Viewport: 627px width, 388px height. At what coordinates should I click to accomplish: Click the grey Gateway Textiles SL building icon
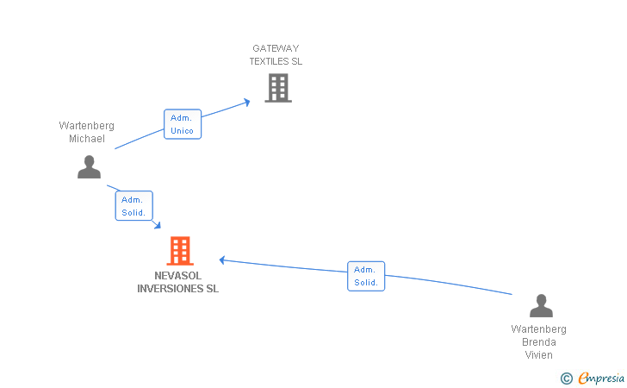pyautogui.click(x=277, y=88)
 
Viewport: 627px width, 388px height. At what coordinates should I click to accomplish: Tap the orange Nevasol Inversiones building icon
pyautogui.click(x=179, y=251)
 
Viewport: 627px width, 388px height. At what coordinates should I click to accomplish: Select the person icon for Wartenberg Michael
pyautogui.click(x=89, y=166)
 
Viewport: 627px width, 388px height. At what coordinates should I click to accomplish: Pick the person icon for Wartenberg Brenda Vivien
pyautogui.click(x=540, y=306)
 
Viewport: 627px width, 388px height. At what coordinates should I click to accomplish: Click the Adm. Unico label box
pyautogui.click(x=182, y=124)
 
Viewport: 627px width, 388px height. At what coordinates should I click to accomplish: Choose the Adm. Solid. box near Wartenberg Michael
pyautogui.click(x=133, y=206)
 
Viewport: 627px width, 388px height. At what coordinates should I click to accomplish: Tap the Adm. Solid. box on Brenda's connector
pyautogui.click(x=366, y=276)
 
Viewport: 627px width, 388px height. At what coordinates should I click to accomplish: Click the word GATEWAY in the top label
pyautogui.click(x=276, y=48)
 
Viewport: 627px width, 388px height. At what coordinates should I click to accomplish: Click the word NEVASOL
pyautogui.click(x=178, y=276)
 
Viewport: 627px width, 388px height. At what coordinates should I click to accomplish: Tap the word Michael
pyautogui.click(x=87, y=139)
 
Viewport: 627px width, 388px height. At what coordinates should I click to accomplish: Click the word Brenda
pyautogui.click(x=538, y=342)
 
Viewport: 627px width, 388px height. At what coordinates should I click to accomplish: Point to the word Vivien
pyautogui.click(x=538, y=355)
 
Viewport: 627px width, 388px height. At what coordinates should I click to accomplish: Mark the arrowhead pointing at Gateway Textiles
pyautogui.click(x=246, y=102)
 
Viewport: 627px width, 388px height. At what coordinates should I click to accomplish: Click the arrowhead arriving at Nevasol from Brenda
pyautogui.click(x=222, y=260)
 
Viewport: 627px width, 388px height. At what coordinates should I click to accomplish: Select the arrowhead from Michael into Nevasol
pyautogui.click(x=157, y=225)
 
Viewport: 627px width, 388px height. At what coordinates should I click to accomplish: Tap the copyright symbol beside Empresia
pyautogui.click(x=566, y=378)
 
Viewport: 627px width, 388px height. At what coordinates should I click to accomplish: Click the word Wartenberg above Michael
pyautogui.click(x=86, y=126)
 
